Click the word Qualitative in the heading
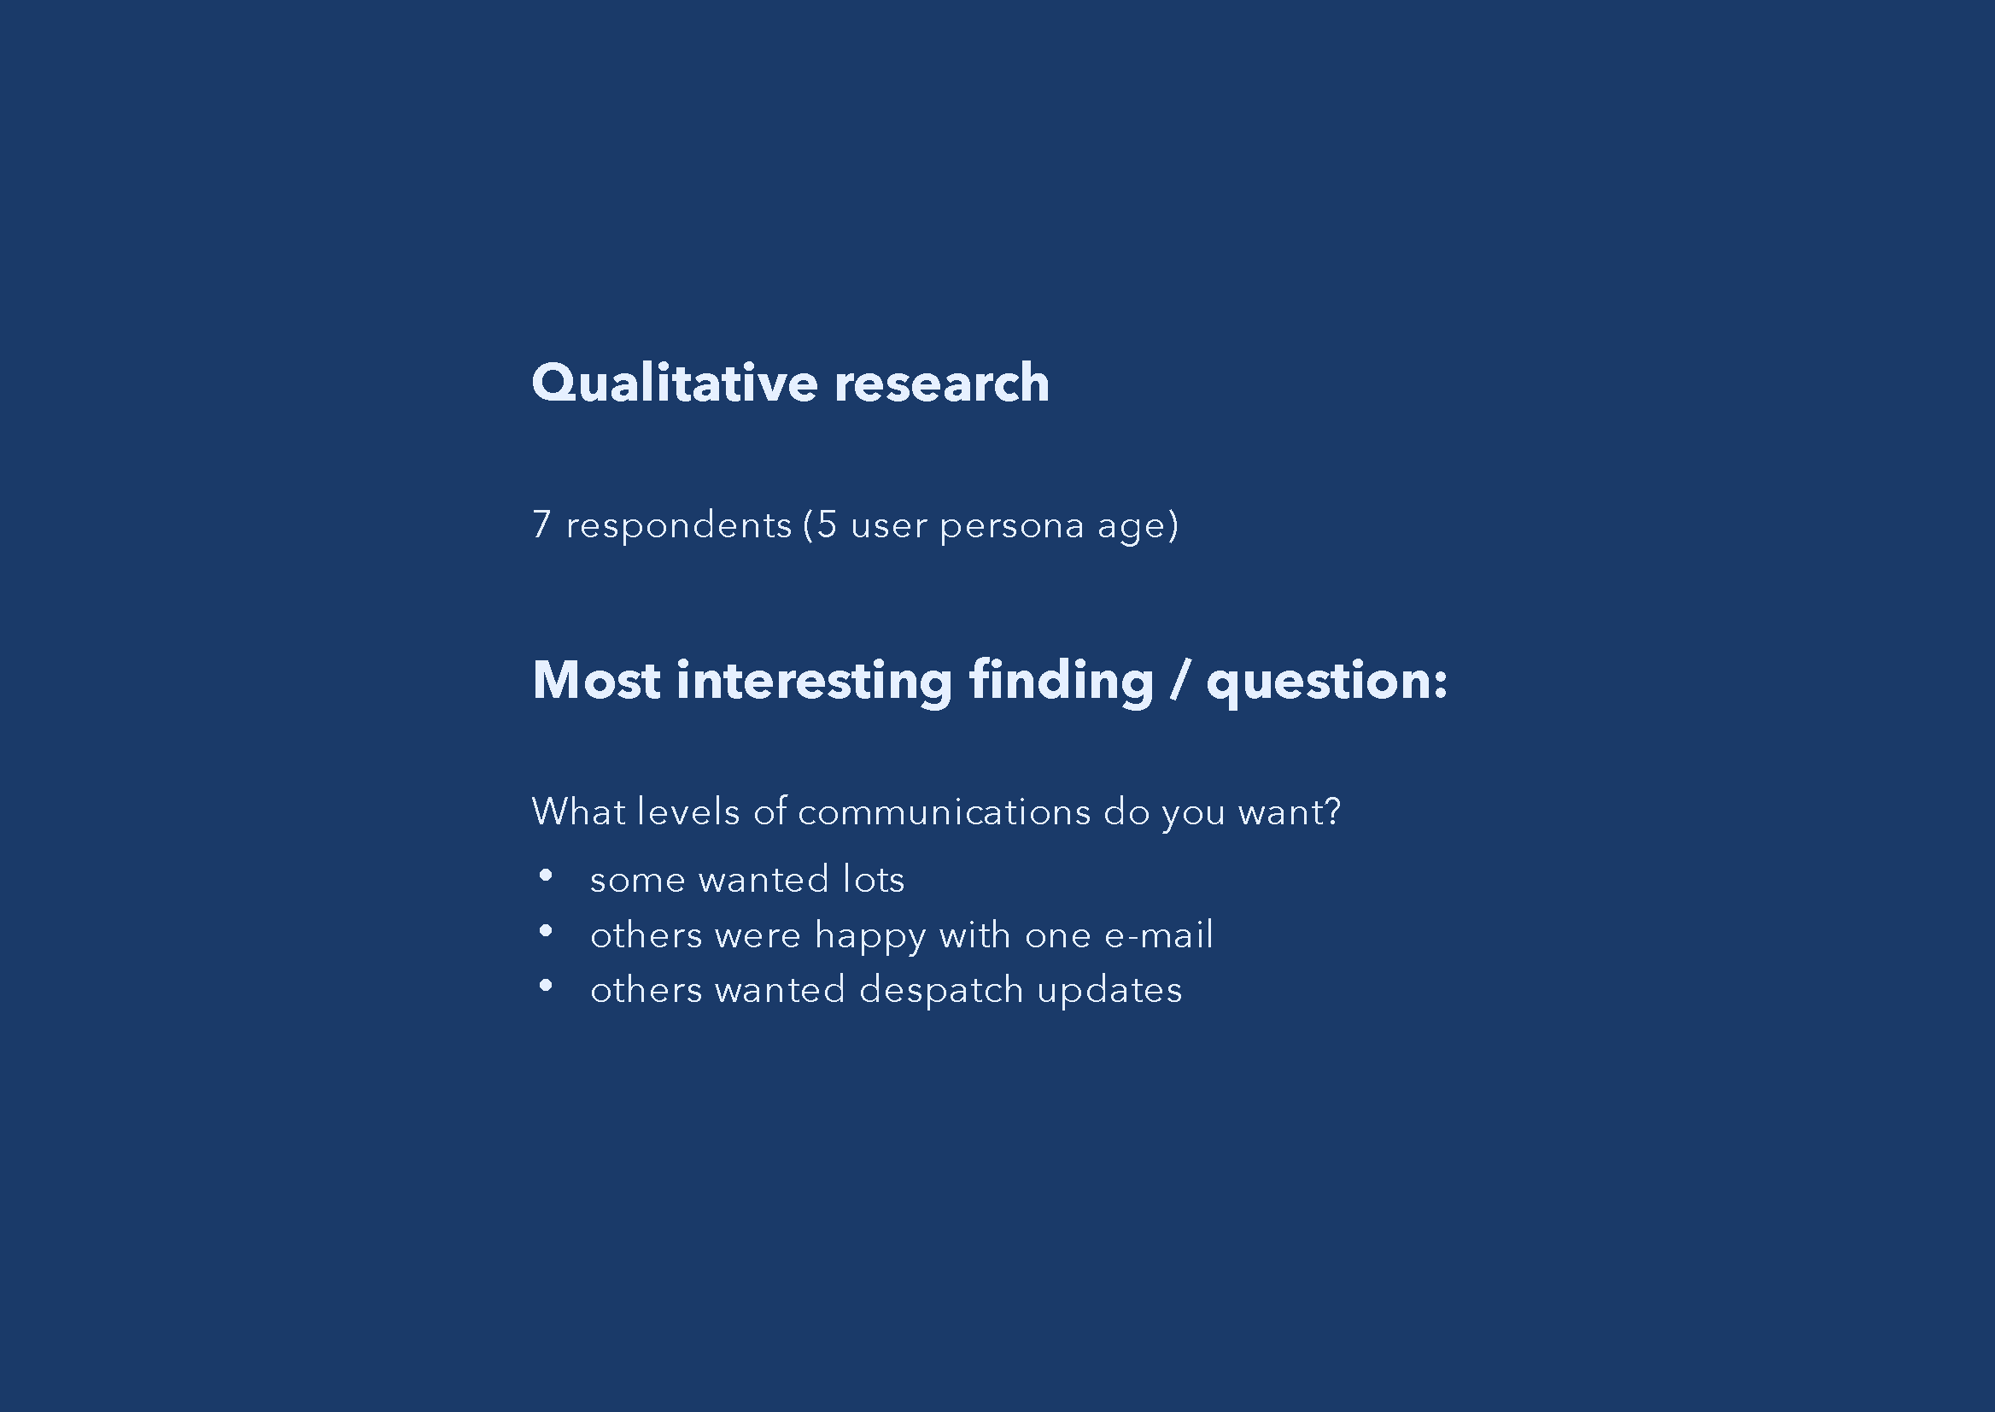pyautogui.click(x=675, y=384)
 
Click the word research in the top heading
pyautogui.click(x=941, y=384)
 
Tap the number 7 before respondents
pyautogui.click(x=541, y=524)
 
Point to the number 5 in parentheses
pyautogui.click(x=827, y=524)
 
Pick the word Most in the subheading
pyautogui.click(x=596, y=680)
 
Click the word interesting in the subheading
pyautogui.click(x=814, y=682)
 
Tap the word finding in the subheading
pyautogui.click(x=1062, y=682)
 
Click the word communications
pyautogui.click(x=944, y=812)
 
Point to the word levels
pyautogui.click(x=688, y=811)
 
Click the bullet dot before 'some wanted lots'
pyautogui.click(x=546, y=876)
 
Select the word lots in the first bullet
pyautogui.click(x=874, y=879)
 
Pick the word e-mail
pyautogui.click(x=1159, y=934)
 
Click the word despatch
pyautogui.click(x=941, y=991)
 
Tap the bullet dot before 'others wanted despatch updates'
pyautogui.click(x=546, y=985)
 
